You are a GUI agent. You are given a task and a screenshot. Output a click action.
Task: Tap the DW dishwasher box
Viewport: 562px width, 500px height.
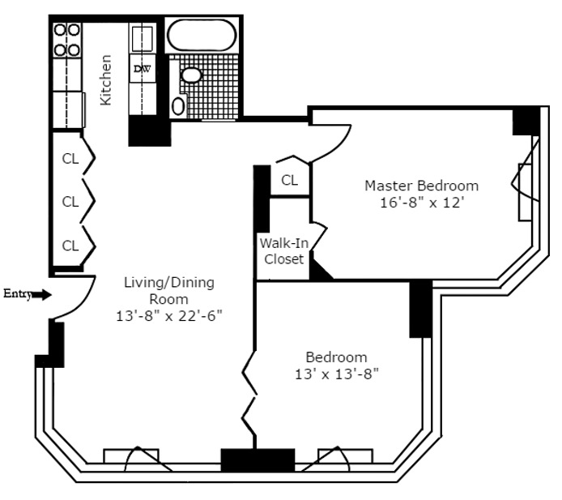[142, 70]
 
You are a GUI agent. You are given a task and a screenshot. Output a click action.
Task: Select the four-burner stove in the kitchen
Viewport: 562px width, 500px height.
[67, 40]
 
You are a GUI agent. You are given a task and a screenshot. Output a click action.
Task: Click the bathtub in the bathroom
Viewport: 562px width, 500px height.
[202, 36]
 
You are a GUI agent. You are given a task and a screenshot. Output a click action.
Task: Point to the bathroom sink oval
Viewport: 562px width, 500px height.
[191, 75]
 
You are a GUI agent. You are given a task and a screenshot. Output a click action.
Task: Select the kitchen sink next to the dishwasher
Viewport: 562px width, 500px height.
[143, 38]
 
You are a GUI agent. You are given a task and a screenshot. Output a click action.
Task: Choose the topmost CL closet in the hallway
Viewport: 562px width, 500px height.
[70, 159]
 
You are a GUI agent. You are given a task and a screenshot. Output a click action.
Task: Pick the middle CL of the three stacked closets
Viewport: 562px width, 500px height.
[70, 202]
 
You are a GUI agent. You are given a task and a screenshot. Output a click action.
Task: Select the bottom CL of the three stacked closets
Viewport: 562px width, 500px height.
[70, 246]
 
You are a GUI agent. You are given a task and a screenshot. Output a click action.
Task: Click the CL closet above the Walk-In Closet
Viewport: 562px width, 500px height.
[289, 180]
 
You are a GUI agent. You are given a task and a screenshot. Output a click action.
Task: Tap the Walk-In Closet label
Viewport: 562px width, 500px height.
[282, 251]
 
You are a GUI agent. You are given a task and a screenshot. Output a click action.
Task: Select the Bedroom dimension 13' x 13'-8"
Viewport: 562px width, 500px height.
[336, 374]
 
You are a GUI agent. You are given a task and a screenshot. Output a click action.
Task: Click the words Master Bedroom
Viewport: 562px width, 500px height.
[421, 186]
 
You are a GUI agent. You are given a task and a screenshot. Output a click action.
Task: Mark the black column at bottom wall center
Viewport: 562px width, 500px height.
[247, 460]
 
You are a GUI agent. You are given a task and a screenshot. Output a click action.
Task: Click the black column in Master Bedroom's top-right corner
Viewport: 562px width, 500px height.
[526, 121]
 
